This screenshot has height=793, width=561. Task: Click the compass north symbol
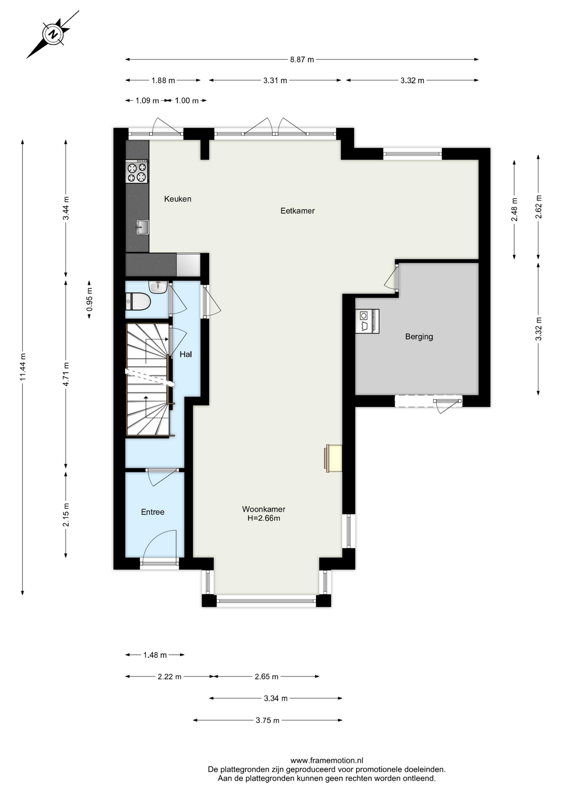click(x=53, y=34)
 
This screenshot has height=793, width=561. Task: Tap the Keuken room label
click(x=178, y=199)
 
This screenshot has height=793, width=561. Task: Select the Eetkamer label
click(x=297, y=211)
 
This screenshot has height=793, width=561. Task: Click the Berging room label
click(x=419, y=337)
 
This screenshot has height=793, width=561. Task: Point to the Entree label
click(x=153, y=512)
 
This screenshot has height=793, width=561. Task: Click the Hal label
click(x=185, y=354)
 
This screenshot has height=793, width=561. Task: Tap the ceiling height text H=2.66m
click(x=264, y=518)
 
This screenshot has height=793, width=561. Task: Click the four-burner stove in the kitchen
click(x=137, y=172)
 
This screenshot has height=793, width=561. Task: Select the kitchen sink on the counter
click(x=142, y=227)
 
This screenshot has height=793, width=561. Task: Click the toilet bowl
click(x=138, y=302)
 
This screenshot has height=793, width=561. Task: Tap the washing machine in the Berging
click(x=367, y=321)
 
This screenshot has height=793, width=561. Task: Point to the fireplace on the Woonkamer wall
click(x=333, y=458)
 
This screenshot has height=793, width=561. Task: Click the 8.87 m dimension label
click(x=302, y=59)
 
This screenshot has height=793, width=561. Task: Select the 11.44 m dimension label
click(x=23, y=367)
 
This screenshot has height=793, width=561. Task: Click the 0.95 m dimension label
click(x=89, y=299)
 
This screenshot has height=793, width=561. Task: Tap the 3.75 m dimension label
click(x=267, y=720)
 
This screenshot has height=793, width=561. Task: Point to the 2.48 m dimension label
click(x=514, y=210)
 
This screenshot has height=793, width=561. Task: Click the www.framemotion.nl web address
click(x=327, y=760)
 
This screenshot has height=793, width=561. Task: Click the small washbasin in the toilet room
click(x=158, y=287)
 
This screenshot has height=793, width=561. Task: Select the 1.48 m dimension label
click(x=155, y=655)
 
